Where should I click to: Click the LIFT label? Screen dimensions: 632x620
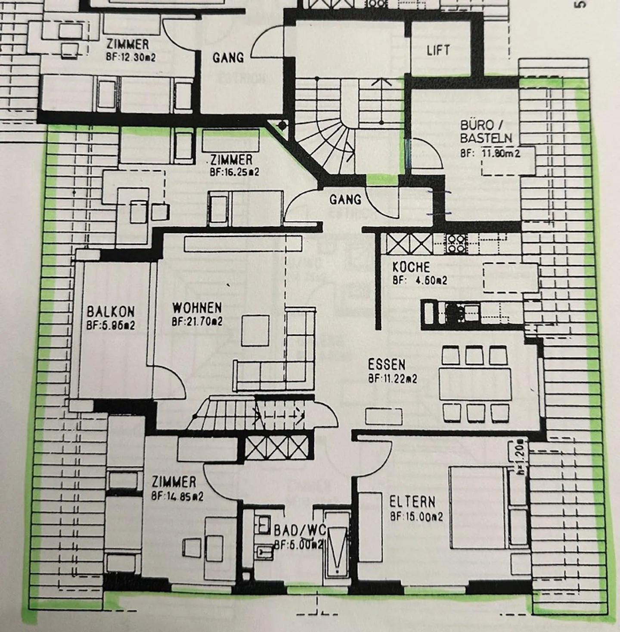tap(438, 50)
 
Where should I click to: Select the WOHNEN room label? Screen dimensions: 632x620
tap(197, 308)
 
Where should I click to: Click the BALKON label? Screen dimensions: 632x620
tap(111, 312)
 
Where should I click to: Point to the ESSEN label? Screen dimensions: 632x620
tap(387, 365)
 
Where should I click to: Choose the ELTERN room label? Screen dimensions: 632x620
tap(412, 502)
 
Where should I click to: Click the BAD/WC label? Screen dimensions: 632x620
tap(300, 530)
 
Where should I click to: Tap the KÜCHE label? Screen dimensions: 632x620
tap(411, 267)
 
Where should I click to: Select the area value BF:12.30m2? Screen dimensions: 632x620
tap(131, 57)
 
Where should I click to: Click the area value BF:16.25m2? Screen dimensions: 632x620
tap(235, 172)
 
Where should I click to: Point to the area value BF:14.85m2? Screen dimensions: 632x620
tap(177, 496)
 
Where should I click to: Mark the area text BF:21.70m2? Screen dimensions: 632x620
tap(197, 322)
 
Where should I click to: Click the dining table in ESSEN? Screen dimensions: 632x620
tap(475, 384)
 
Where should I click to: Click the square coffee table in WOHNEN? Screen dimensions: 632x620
tap(255, 331)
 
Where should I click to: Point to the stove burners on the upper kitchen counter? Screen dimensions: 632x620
tap(456, 244)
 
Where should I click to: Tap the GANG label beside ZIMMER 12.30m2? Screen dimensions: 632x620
tap(228, 57)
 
